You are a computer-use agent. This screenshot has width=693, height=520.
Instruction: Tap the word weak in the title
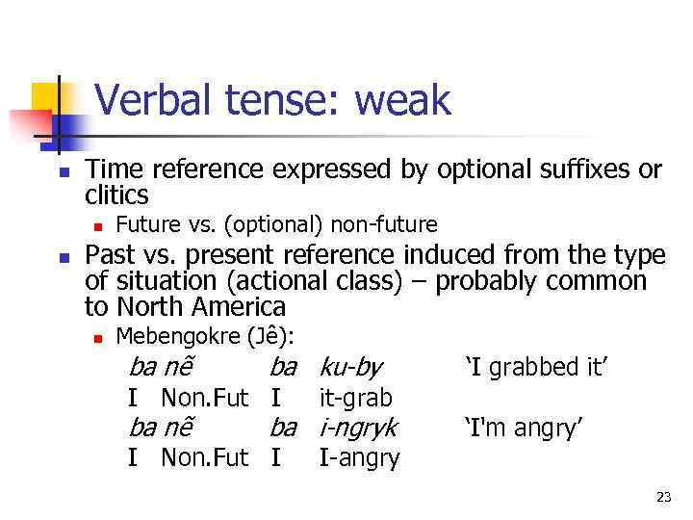click(x=403, y=100)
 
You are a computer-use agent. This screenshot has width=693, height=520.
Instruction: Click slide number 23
click(x=663, y=497)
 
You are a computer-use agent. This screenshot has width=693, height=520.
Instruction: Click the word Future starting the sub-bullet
click(x=145, y=225)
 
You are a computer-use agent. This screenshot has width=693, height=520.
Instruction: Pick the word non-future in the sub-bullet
click(x=384, y=225)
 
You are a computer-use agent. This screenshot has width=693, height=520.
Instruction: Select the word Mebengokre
click(x=178, y=336)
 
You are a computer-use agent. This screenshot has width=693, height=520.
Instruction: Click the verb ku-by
click(x=350, y=367)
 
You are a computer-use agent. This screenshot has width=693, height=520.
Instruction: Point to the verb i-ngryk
click(x=358, y=427)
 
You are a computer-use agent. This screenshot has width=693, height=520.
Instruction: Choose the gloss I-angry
click(x=359, y=457)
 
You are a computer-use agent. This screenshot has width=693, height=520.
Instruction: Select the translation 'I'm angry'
click(x=524, y=427)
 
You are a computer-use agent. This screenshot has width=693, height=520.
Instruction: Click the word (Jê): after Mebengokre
click(x=270, y=336)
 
